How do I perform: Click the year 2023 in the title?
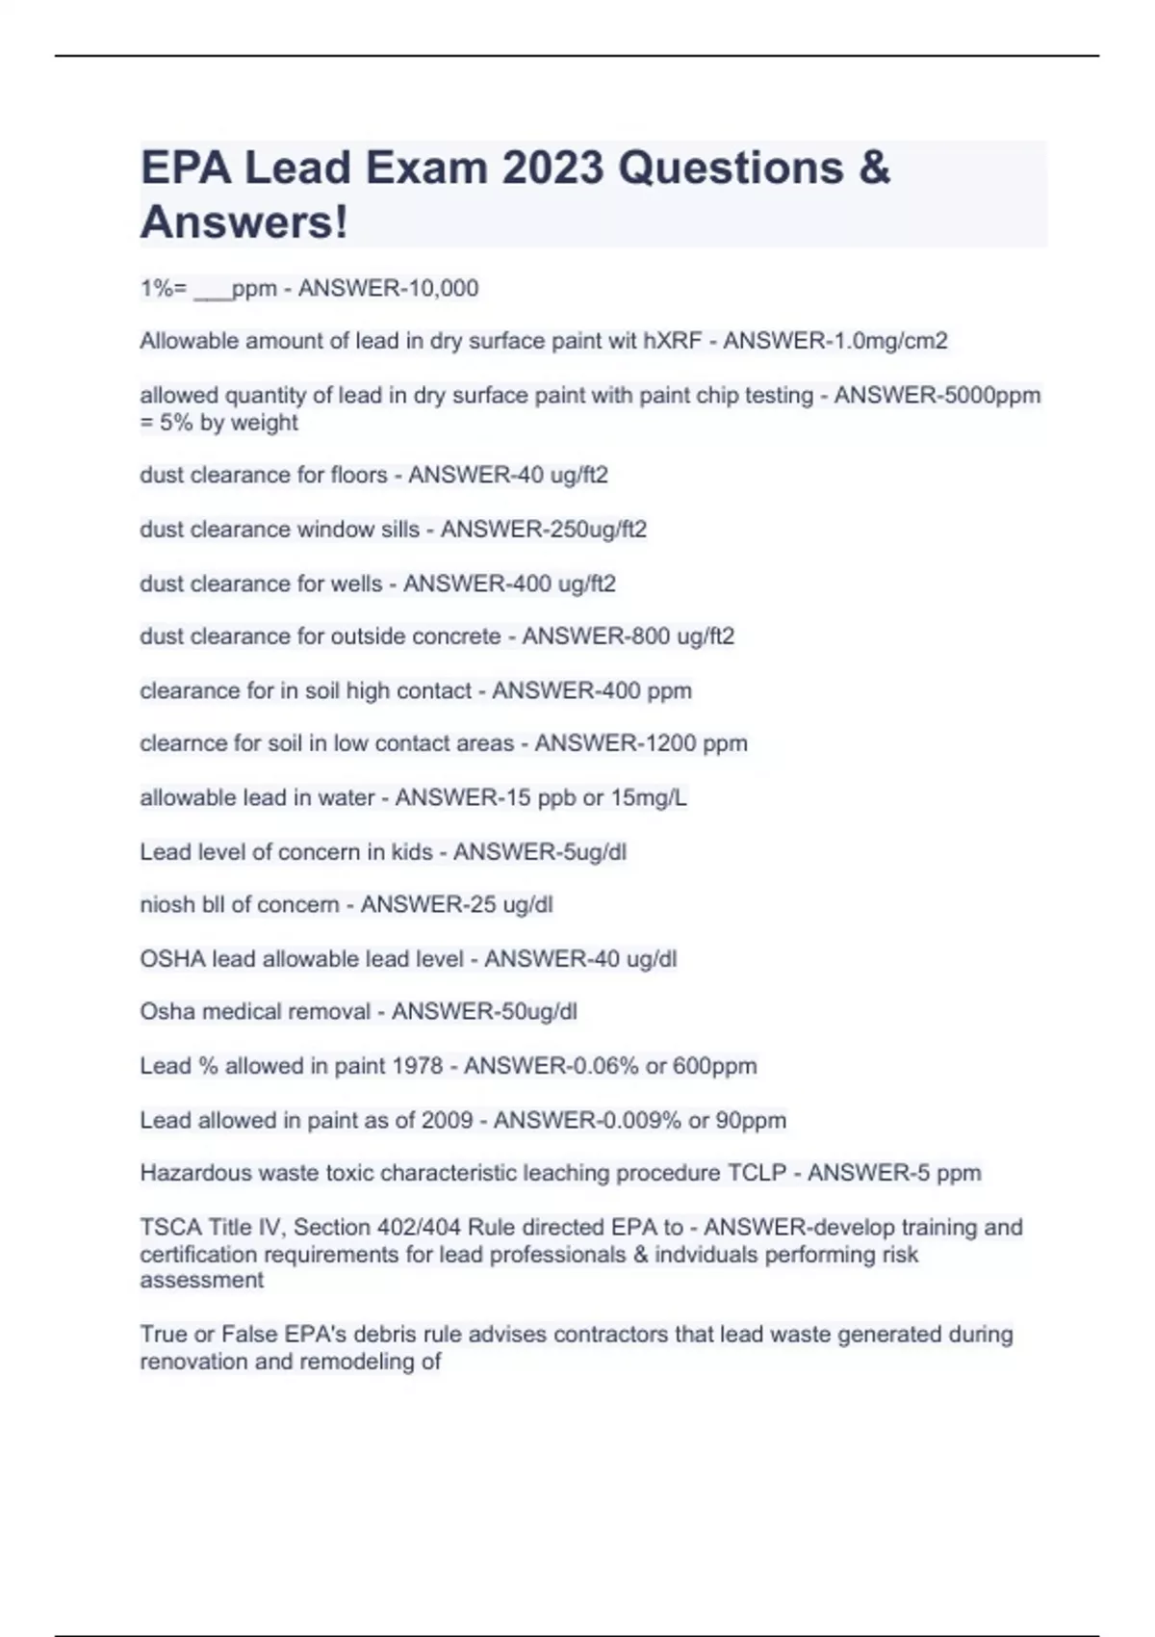point(552,168)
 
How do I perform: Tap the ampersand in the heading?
point(873,168)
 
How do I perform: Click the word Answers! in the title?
point(244,222)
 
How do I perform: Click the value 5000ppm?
point(986,395)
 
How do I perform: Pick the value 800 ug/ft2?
point(679,637)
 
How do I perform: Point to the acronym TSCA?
point(171,1228)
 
